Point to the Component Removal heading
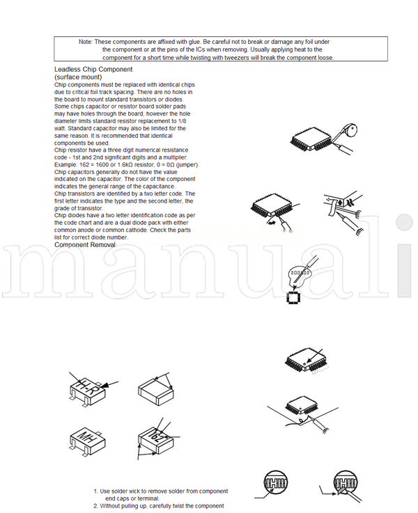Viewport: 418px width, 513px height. point(85,245)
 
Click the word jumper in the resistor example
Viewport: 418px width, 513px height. point(188,165)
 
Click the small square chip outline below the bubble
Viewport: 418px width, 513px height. point(294,298)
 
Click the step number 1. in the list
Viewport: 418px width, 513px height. point(96,491)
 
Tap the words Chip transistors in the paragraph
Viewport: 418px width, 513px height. point(77,194)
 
